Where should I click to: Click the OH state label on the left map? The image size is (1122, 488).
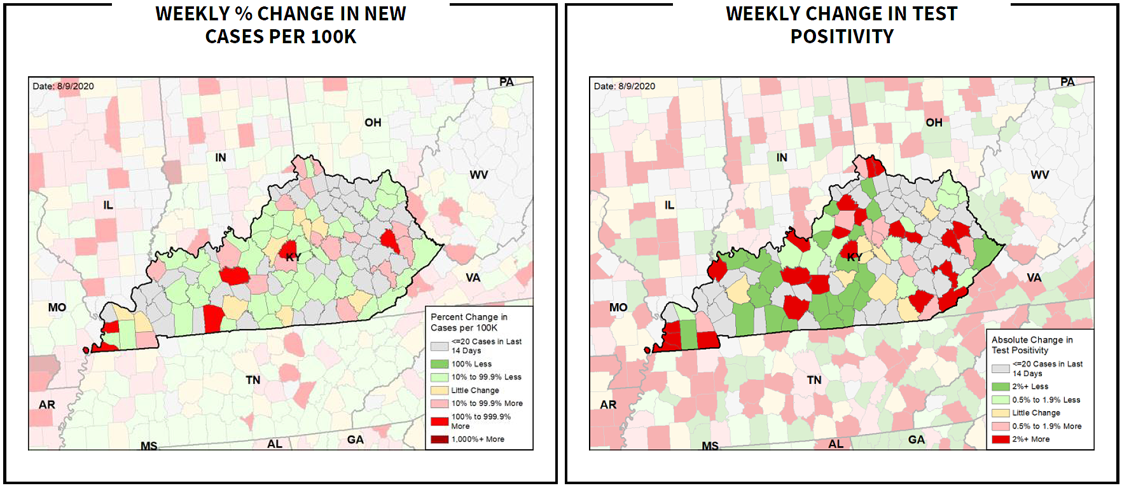tap(373, 122)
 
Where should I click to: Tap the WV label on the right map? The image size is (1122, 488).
tap(1039, 175)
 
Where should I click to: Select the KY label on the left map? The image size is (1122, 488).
tap(293, 257)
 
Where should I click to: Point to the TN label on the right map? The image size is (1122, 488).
tap(814, 380)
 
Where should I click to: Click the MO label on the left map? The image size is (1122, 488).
tap(57, 308)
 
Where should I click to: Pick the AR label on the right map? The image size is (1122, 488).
tap(608, 405)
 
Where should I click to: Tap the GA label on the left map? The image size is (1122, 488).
tap(355, 440)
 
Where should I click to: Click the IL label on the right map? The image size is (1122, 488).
tap(669, 205)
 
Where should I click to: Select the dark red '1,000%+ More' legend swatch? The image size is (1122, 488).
tap(440, 439)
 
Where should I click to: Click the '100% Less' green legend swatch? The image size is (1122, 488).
tap(440, 364)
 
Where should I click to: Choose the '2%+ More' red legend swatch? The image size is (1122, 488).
tap(1001, 439)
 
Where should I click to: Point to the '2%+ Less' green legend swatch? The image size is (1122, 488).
tap(1001, 386)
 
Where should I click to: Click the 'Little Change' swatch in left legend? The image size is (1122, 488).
tap(440, 390)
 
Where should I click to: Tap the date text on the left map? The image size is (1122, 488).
tap(63, 86)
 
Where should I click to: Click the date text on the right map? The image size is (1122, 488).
tap(624, 86)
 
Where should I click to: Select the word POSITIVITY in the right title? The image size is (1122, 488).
tap(841, 37)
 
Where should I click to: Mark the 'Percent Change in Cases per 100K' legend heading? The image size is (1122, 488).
tap(468, 322)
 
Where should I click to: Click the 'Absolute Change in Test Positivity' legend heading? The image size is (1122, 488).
tap(1031, 345)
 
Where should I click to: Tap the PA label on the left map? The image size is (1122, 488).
tap(506, 82)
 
